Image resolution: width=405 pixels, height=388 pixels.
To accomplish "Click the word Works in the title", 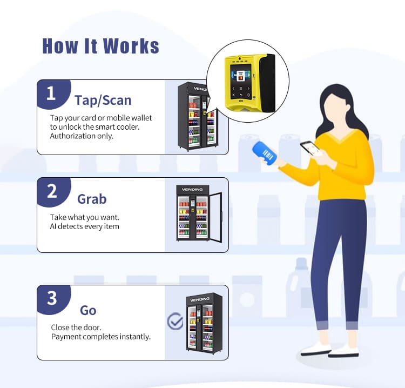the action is point(131,46).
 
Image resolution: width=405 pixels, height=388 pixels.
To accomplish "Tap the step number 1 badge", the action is point(53,93).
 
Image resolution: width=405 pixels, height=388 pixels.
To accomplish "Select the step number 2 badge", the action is point(53,191).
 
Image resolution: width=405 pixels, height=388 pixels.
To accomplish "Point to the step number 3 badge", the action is point(53,299).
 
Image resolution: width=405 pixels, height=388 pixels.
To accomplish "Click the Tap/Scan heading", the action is point(103,101).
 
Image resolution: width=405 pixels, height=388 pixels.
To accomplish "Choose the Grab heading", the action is point(92,199).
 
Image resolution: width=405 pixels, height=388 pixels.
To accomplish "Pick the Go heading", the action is point(88,310).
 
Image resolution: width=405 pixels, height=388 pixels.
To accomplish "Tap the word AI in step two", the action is point(53,226).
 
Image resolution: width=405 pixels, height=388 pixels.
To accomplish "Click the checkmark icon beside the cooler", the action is point(175,321).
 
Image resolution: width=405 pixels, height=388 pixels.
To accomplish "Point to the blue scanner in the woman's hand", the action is point(265,153).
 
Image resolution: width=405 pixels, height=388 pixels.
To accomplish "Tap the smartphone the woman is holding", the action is point(310,149).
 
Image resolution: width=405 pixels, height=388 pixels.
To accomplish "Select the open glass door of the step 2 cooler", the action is point(215,217).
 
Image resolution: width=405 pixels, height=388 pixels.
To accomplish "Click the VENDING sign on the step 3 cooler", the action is point(200,299).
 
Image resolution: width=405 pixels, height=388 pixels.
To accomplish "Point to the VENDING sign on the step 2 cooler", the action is point(192,190).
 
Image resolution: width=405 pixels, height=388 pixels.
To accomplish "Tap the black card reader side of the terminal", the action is point(268,83).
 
